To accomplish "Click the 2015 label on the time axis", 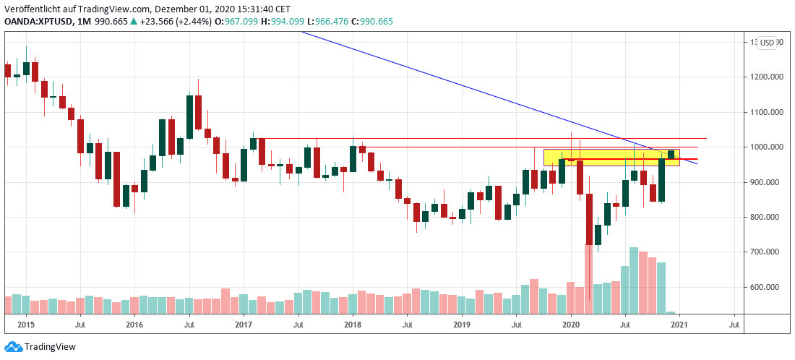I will [x=25, y=325].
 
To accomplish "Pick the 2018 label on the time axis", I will [x=353, y=325].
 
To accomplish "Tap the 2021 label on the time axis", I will [x=679, y=325].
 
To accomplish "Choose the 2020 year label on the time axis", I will [x=571, y=325].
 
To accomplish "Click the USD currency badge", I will [x=766, y=43].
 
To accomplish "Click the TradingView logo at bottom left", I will [x=40, y=347].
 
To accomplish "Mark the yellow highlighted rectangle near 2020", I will [x=611, y=158].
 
